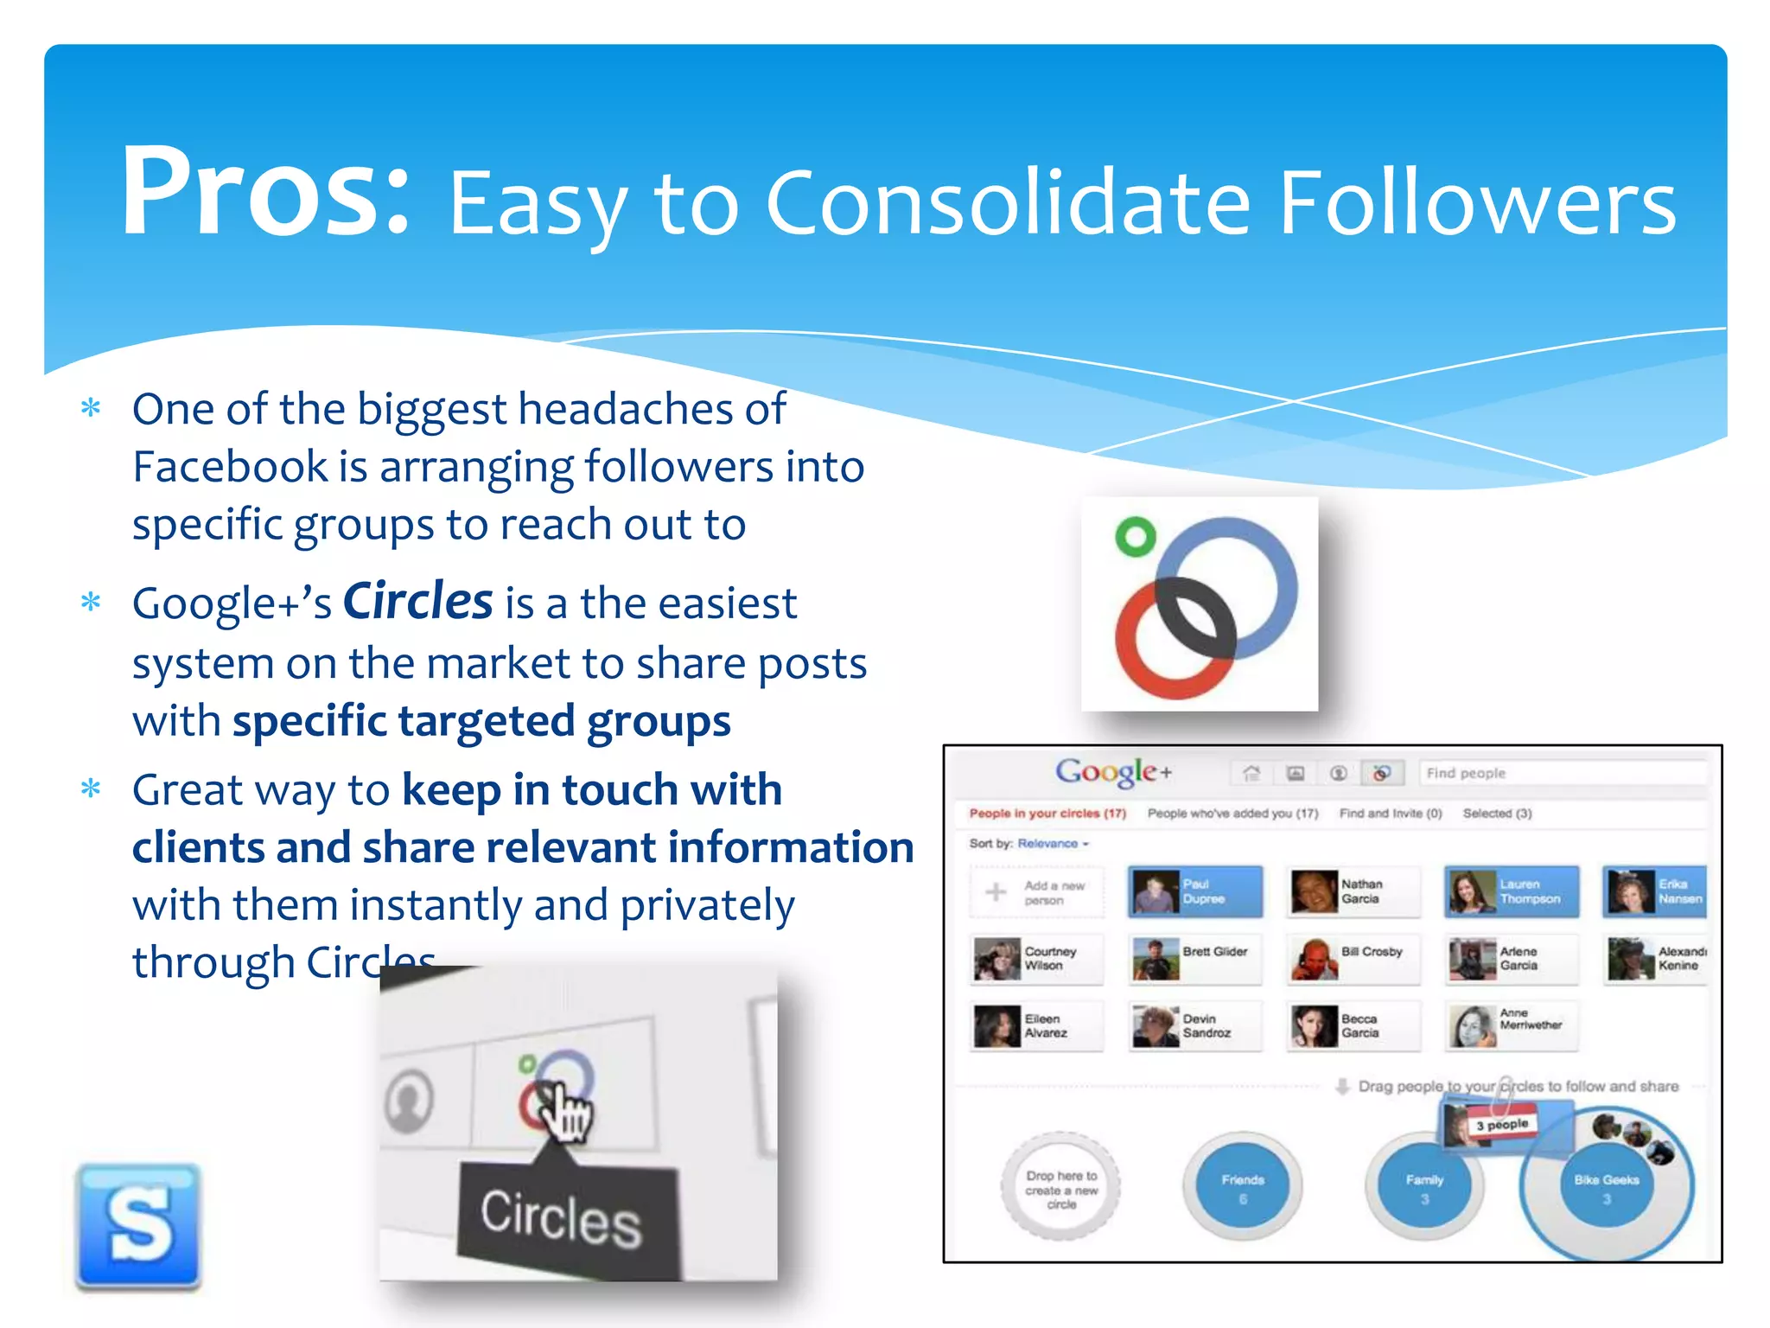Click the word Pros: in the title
tap(264, 192)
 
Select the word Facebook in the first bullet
tap(230, 467)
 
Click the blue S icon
tap(138, 1225)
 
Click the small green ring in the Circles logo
tap(1135, 536)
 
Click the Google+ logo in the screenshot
tap(1113, 771)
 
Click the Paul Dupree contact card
tap(1195, 891)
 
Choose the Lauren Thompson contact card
tap(1512, 891)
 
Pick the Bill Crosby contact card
tap(1353, 959)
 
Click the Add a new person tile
tap(1037, 892)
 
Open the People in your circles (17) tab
tap(1047, 814)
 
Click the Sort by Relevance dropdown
tap(1053, 844)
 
